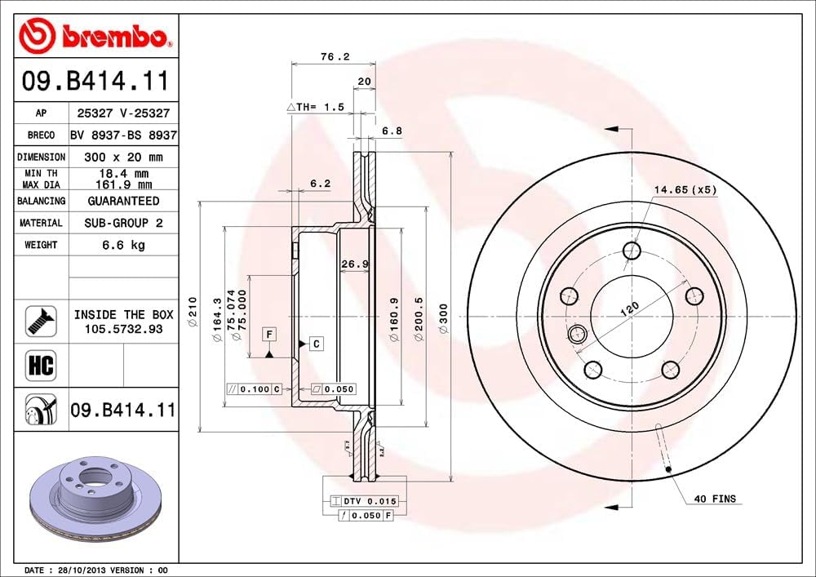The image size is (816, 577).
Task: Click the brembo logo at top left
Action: [96, 36]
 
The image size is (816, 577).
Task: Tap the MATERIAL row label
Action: [41, 223]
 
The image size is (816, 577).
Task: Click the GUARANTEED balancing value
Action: [123, 201]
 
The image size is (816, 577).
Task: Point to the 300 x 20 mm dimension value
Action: [123, 157]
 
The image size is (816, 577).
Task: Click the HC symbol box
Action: [40, 365]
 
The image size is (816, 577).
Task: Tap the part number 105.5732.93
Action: [123, 328]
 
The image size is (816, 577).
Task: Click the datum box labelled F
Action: [268, 333]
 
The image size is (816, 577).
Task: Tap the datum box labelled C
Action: [316, 344]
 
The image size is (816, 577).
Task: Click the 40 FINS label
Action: [715, 499]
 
